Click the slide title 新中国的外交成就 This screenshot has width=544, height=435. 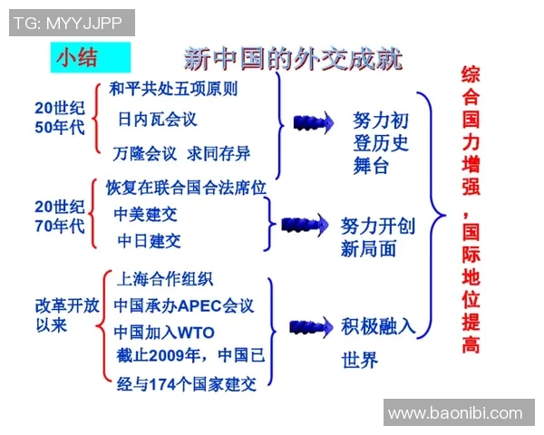[293, 60]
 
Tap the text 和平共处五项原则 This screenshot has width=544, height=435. [173, 90]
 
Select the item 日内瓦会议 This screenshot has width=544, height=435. [157, 120]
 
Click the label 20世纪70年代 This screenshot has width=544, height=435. [60, 216]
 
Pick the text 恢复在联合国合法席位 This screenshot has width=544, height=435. [186, 188]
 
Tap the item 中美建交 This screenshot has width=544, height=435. [145, 215]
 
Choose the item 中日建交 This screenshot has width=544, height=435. [149, 241]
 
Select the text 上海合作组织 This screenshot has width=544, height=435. [165, 278]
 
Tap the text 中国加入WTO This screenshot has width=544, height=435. [164, 333]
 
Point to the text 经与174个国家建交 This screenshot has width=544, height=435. [187, 384]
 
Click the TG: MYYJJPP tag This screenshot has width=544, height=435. [72, 23]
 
